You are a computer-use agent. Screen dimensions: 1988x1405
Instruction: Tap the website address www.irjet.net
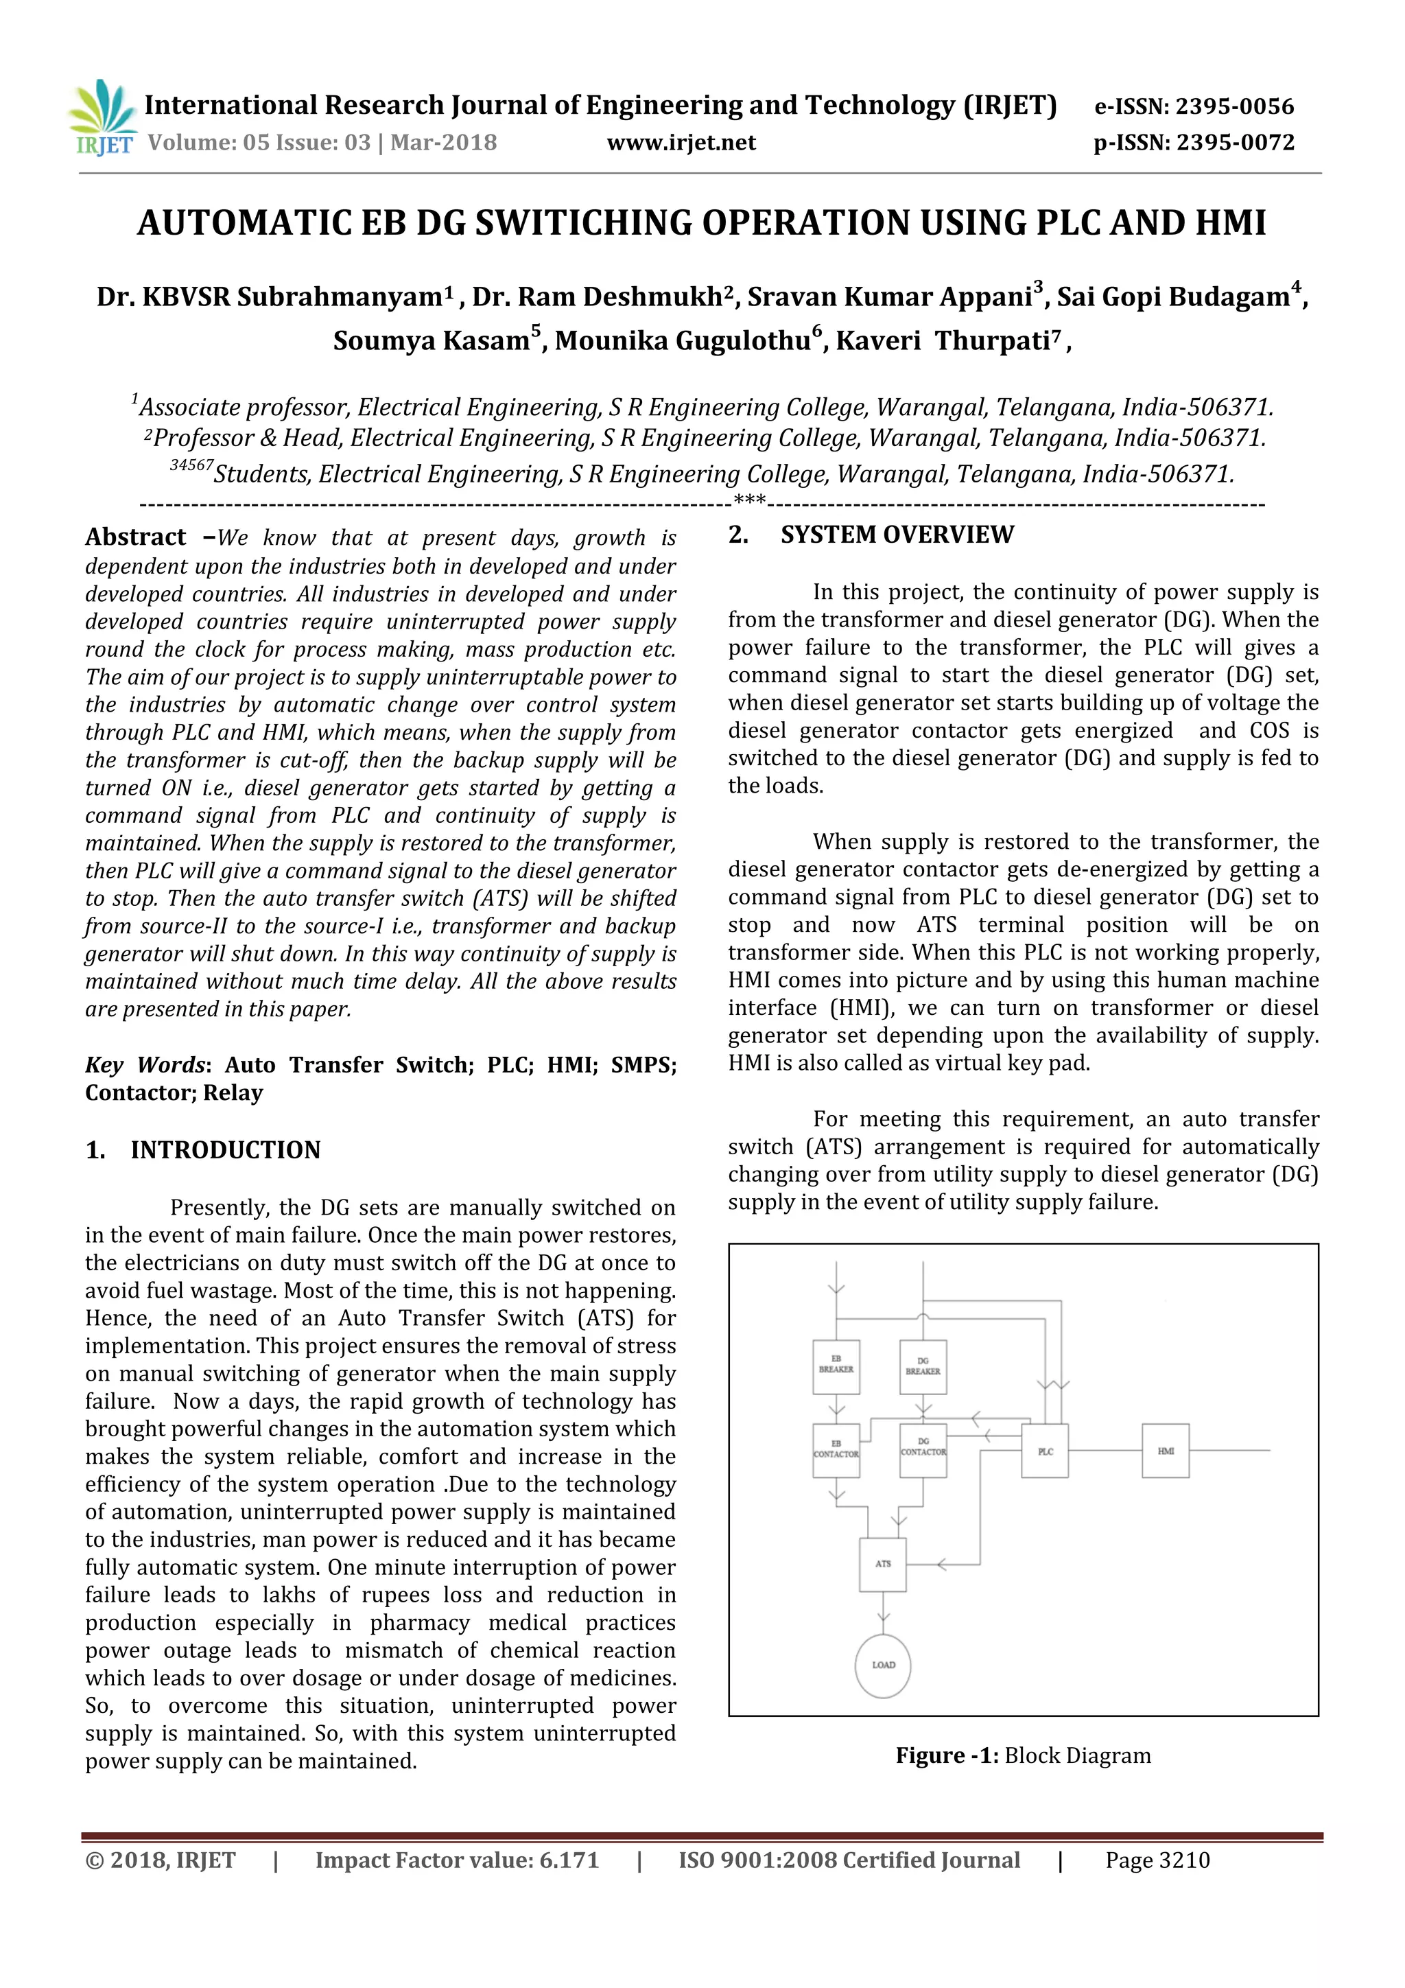681,143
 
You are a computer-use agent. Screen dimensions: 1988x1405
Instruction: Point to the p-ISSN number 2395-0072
1236,143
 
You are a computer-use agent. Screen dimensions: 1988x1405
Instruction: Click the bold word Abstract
136,538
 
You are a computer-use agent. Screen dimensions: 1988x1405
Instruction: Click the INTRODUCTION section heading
225,1150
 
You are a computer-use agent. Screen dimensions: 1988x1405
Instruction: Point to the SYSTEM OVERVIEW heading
896,535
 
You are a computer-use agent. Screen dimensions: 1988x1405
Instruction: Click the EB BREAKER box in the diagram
836,1367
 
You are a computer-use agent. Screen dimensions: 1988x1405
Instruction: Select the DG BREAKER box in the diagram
922,1367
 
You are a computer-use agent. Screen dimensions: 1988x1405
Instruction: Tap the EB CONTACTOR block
836,1450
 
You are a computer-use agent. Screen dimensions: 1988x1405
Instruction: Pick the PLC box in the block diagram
1045,1450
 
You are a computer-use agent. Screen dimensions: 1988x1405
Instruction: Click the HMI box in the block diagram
1165,1450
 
